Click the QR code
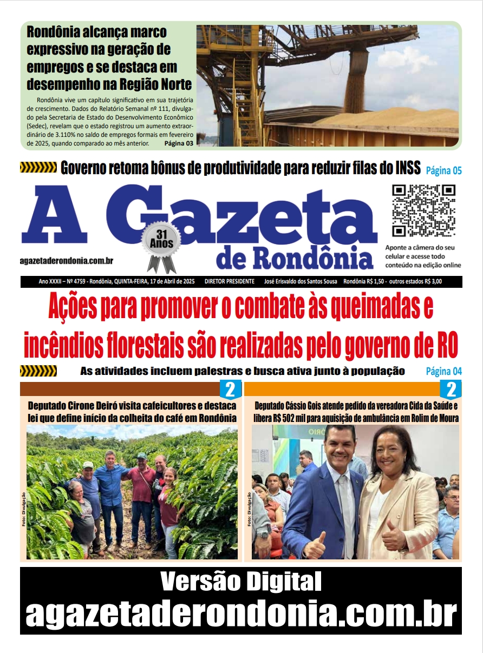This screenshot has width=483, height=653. coord(423,211)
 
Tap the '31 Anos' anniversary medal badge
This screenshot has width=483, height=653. coord(161,241)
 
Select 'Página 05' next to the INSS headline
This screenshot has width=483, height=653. coord(443,171)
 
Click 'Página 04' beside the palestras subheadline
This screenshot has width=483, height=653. coord(443,371)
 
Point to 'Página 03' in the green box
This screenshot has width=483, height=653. coord(179,144)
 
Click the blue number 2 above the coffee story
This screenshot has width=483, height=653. coord(230,389)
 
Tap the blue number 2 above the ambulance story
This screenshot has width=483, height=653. coord(451,389)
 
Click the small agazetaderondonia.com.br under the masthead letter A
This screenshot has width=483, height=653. coord(67,261)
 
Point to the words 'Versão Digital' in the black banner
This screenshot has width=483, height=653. coord(241,582)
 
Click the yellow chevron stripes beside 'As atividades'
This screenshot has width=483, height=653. coord(38,371)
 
